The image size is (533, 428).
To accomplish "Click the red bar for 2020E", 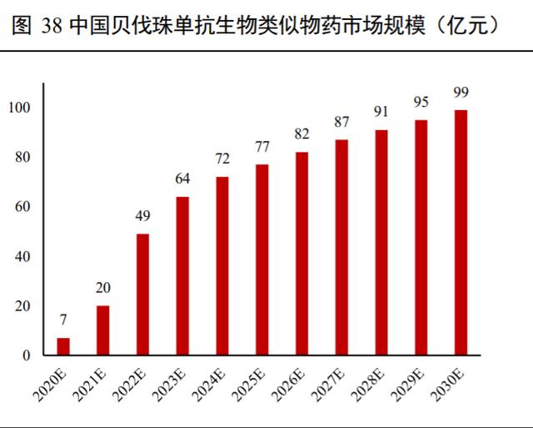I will (63, 346).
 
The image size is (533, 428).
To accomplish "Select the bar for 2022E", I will (142, 295).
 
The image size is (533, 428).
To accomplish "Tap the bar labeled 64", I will (182, 276).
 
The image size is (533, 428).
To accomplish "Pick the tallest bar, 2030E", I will (461, 233).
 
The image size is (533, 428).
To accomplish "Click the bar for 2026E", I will (301, 254).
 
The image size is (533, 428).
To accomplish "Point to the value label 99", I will (461, 92).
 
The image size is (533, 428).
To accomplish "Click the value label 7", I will (63, 320).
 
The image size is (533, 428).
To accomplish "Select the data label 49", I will (142, 216).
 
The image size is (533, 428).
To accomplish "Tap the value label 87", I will (341, 122).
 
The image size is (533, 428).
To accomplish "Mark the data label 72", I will (222, 159).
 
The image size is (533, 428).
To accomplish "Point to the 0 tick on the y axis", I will (26, 355).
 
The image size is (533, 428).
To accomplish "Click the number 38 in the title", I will (49, 27).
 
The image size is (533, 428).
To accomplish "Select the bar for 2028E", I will (381, 243).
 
